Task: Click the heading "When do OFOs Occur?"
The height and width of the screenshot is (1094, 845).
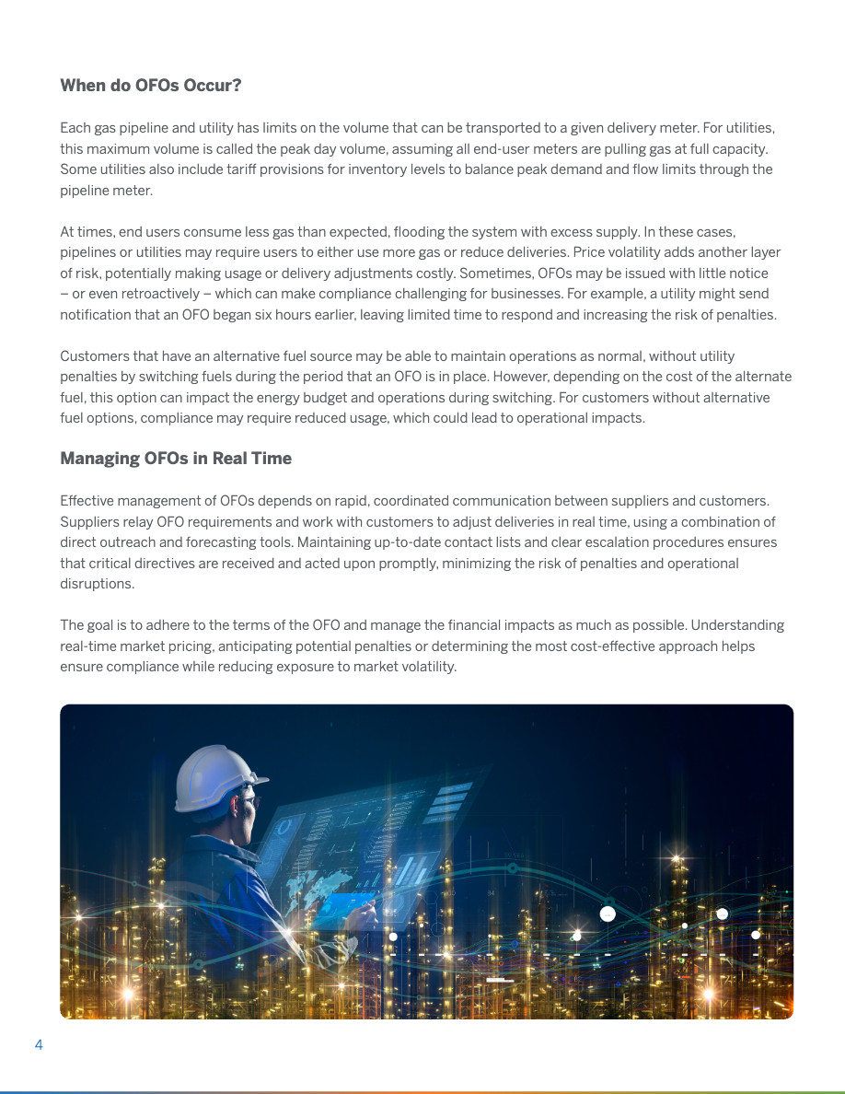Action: pos(151,86)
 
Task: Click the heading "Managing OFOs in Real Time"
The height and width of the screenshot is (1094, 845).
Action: pos(176,459)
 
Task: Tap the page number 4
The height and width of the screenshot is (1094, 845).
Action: pos(39,1044)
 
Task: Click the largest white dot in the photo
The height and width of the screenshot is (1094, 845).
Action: pos(608,914)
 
